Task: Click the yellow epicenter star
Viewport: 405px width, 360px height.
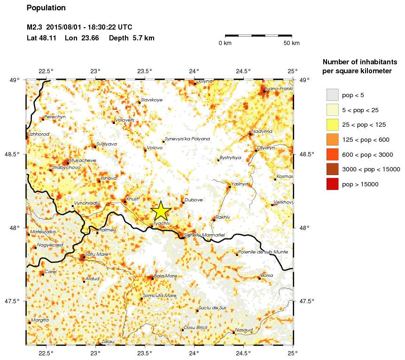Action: tap(160, 211)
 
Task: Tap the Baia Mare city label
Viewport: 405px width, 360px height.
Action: tap(165, 276)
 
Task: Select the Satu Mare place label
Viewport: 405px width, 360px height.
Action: tap(97, 254)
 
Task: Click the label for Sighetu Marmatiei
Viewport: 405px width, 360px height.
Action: tap(204, 235)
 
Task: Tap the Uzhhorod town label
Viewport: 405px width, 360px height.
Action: tap(39, 134)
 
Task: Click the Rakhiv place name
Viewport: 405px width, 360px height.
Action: tap(223, 217)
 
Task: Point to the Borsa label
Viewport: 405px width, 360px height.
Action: tap(267, 276)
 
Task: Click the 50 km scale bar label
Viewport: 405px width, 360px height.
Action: tap(292, 43)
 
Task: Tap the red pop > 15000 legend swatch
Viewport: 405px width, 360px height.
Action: tap(333, 184)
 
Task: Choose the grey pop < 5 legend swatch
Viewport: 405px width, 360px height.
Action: tap(333, 95)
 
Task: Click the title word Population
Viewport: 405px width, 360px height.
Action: tap(46, 8)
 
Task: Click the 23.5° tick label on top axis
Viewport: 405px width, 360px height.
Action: tap(145, 71)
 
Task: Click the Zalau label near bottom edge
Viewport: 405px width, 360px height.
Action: tap(108, 342)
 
